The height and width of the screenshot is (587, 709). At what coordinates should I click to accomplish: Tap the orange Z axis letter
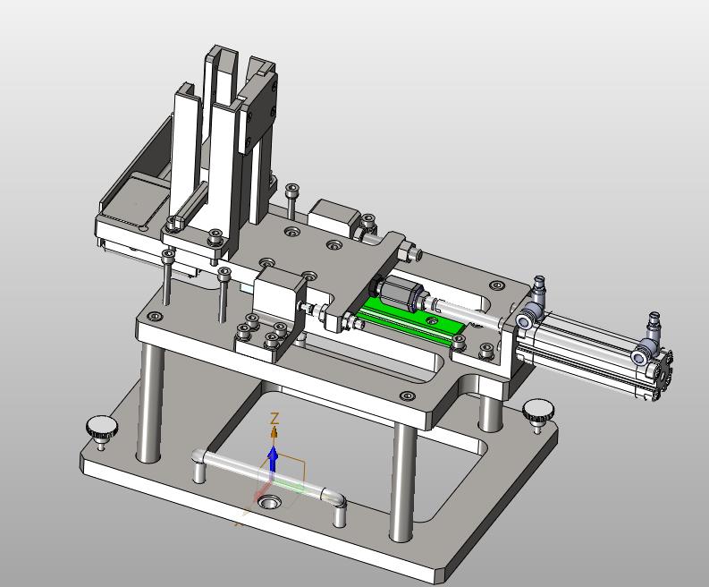[x=274, y=419]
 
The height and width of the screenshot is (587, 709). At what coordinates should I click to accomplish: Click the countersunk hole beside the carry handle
[x=270, y=501]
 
